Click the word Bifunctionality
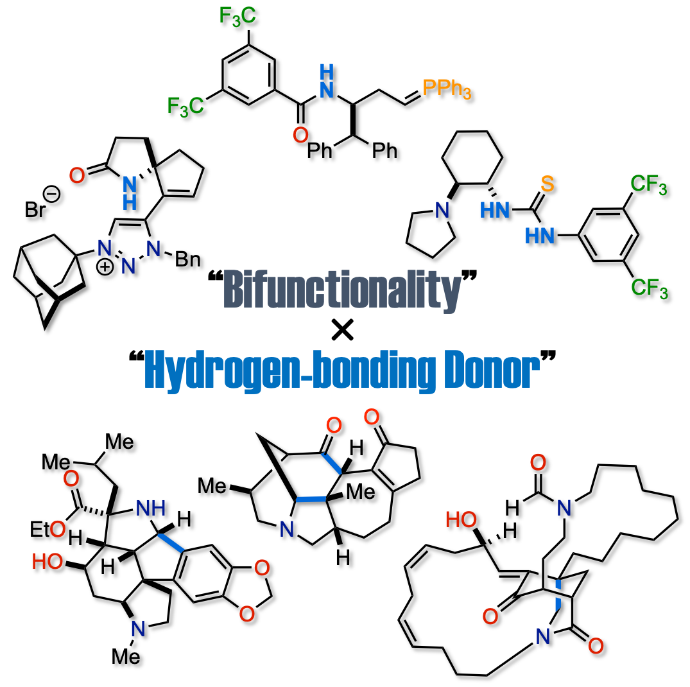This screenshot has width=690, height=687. [342, 290]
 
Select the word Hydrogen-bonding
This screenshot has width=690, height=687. [290, 370]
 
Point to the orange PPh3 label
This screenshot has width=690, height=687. [447, 88]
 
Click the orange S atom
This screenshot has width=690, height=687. [547, 184]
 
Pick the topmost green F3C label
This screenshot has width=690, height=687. [237, 16]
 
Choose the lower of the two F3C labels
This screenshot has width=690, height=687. [185, 107]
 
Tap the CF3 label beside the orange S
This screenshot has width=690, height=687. [648, 185]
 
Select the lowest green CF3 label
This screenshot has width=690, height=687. [649, 288]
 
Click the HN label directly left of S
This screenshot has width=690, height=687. [495, 211]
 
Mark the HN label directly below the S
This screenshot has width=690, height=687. [540, 236]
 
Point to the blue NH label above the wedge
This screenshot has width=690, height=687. [151, 509]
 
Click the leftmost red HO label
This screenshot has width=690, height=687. [47, 562]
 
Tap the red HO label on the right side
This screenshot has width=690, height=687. [461, 520]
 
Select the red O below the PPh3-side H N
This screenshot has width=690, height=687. [300, 135]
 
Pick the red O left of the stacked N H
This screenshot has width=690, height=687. [77, 176]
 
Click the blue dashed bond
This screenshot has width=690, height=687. [558, 594]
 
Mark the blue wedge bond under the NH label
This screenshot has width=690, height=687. [171, 543]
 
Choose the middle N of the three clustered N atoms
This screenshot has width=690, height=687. [128, 266]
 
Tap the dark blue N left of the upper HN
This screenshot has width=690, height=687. [442, 211]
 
